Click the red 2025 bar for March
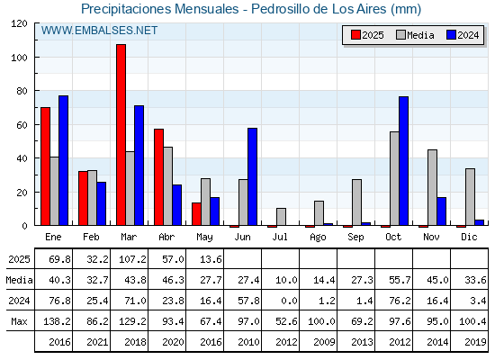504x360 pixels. click(x=121, y=135)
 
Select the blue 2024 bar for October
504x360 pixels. click(x=404, y=161)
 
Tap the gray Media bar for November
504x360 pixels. click(x=432, y=187)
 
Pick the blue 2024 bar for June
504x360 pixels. click(x=252, y=176)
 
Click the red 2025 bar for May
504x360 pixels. click(x=197, y=214)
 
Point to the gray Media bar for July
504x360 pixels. click(x=281, y=217)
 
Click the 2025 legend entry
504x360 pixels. click(x=367, y=35)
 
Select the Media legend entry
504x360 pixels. click(x=415, y=35)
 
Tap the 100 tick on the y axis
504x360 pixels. click(x=21, y=58)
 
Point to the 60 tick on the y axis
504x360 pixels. click(x=22, y=125)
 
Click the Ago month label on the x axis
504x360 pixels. click(x=318, y=238)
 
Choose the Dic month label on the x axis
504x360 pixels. click(x=469, y=237)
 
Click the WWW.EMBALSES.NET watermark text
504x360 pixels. click(x=99, y=31)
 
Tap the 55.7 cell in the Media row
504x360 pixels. click(x=400, y=280)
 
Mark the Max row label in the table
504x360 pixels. click(x=19, y=321)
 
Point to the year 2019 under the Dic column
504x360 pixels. click(x=475, y=342)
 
